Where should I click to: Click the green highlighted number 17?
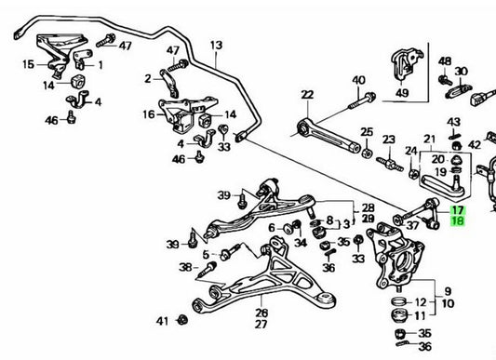[x=458, y=210]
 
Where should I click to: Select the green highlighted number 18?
[x=458, y=221]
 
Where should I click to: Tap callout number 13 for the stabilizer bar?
[x=217, y=46]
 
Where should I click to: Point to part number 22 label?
[x=307, y=95]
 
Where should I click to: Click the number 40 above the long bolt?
[x=358, y=80]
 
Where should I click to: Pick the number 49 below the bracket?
[x=402, y=93]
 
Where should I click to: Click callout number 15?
[x=29, y=64]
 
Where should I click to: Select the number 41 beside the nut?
[x=162, y=322]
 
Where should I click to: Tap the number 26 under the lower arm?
[x=261, y=313]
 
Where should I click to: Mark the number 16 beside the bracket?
[x=149, y=114]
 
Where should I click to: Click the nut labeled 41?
[x=182, y=320]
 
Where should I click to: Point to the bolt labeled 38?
[x=208, y=268]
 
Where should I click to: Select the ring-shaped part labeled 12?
[x=399, y=300]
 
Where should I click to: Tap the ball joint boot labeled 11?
[x=399, y=315]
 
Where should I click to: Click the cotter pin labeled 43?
[x=454, y=136]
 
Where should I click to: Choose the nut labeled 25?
[x=366, y=153]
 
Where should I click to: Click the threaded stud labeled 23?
[x=389, y=164]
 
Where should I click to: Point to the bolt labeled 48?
[x=445, y=80]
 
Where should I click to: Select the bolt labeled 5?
[x=230, y=252]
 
